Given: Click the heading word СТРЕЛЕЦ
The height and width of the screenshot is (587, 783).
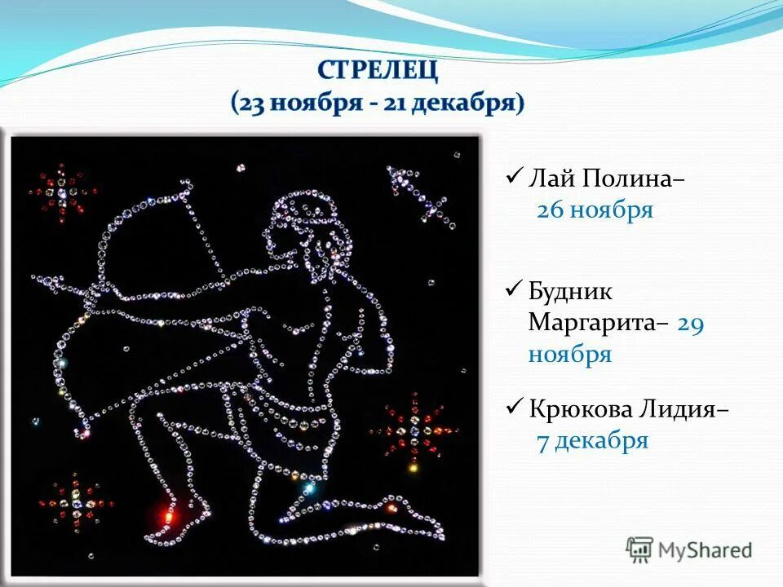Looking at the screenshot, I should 378,70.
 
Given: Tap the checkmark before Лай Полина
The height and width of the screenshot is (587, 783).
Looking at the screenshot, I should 514,176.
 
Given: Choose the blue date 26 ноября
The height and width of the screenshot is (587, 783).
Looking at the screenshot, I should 595,210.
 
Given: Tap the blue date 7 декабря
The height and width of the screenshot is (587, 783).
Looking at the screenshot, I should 592,441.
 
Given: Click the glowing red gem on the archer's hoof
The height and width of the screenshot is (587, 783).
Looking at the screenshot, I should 169,515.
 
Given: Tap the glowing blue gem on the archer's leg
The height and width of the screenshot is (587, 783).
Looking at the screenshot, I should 308,488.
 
